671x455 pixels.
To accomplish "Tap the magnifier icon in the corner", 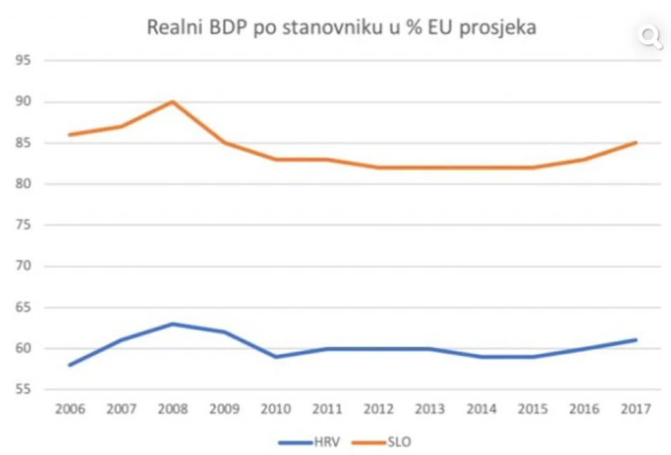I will (650, 36).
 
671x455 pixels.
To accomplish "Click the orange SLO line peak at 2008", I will (173, 101).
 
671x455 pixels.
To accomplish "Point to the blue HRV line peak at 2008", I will (173, 324).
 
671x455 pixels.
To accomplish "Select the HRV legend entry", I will (308, 442).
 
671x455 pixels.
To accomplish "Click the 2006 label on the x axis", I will (69, 409).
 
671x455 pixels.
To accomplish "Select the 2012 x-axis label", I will (378, 409).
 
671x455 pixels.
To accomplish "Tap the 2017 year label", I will (636, 409).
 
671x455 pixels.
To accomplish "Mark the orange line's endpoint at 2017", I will (635, 143).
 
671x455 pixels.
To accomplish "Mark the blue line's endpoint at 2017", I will (635, 340).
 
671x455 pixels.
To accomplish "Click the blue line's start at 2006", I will (70, 364).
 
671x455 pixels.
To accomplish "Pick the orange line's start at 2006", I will (70, 135).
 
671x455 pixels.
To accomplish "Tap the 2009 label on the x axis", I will (224, 409).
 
